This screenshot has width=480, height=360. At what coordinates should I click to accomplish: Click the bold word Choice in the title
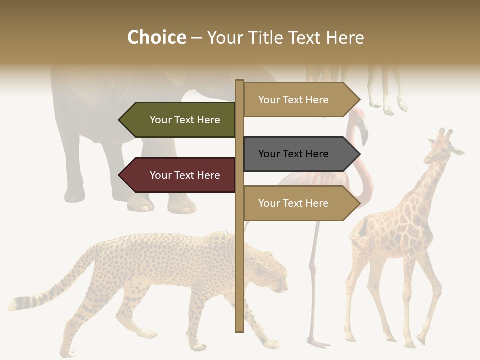point(156,38)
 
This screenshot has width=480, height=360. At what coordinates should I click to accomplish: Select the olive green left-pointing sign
point(178,120)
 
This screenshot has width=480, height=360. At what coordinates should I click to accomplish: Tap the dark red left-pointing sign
point(178,175)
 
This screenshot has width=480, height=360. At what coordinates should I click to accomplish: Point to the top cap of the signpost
point(239,82)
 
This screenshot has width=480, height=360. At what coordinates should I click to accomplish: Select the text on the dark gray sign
point(293,154)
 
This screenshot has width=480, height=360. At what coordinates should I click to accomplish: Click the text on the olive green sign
point(185,120)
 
